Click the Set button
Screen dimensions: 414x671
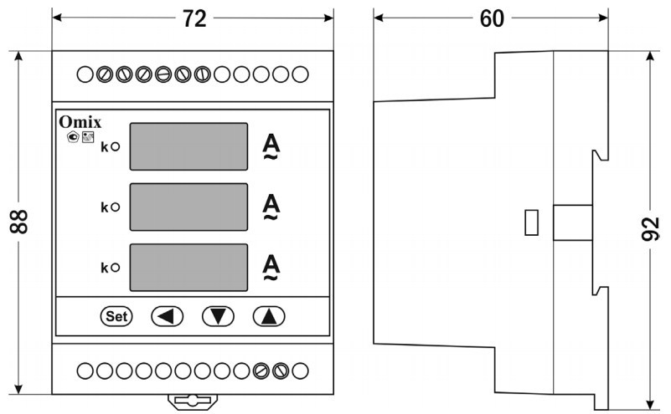coord(116,316)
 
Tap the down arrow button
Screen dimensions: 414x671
coord(218,316)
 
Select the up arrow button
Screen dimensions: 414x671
coord(269,316)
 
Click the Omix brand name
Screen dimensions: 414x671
coord(80,122)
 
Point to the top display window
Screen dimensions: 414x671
coord(190,146)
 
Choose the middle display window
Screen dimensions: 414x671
coord(190,207)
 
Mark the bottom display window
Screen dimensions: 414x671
coord(190,267)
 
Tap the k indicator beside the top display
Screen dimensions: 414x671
coord(109,147)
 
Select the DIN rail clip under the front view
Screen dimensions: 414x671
coord(192,401)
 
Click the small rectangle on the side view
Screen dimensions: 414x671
coord(529,222)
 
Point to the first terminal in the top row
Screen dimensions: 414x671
coord(85,74)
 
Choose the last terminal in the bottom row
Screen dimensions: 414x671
coord(299,369)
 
